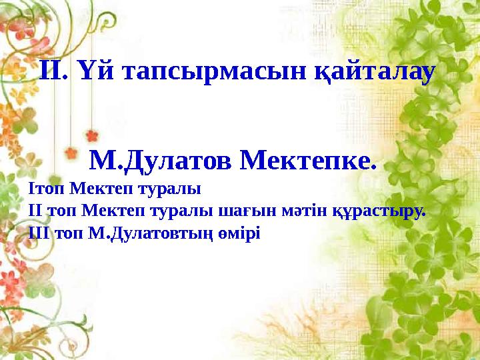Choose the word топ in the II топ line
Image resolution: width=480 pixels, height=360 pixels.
pos(59,211)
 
